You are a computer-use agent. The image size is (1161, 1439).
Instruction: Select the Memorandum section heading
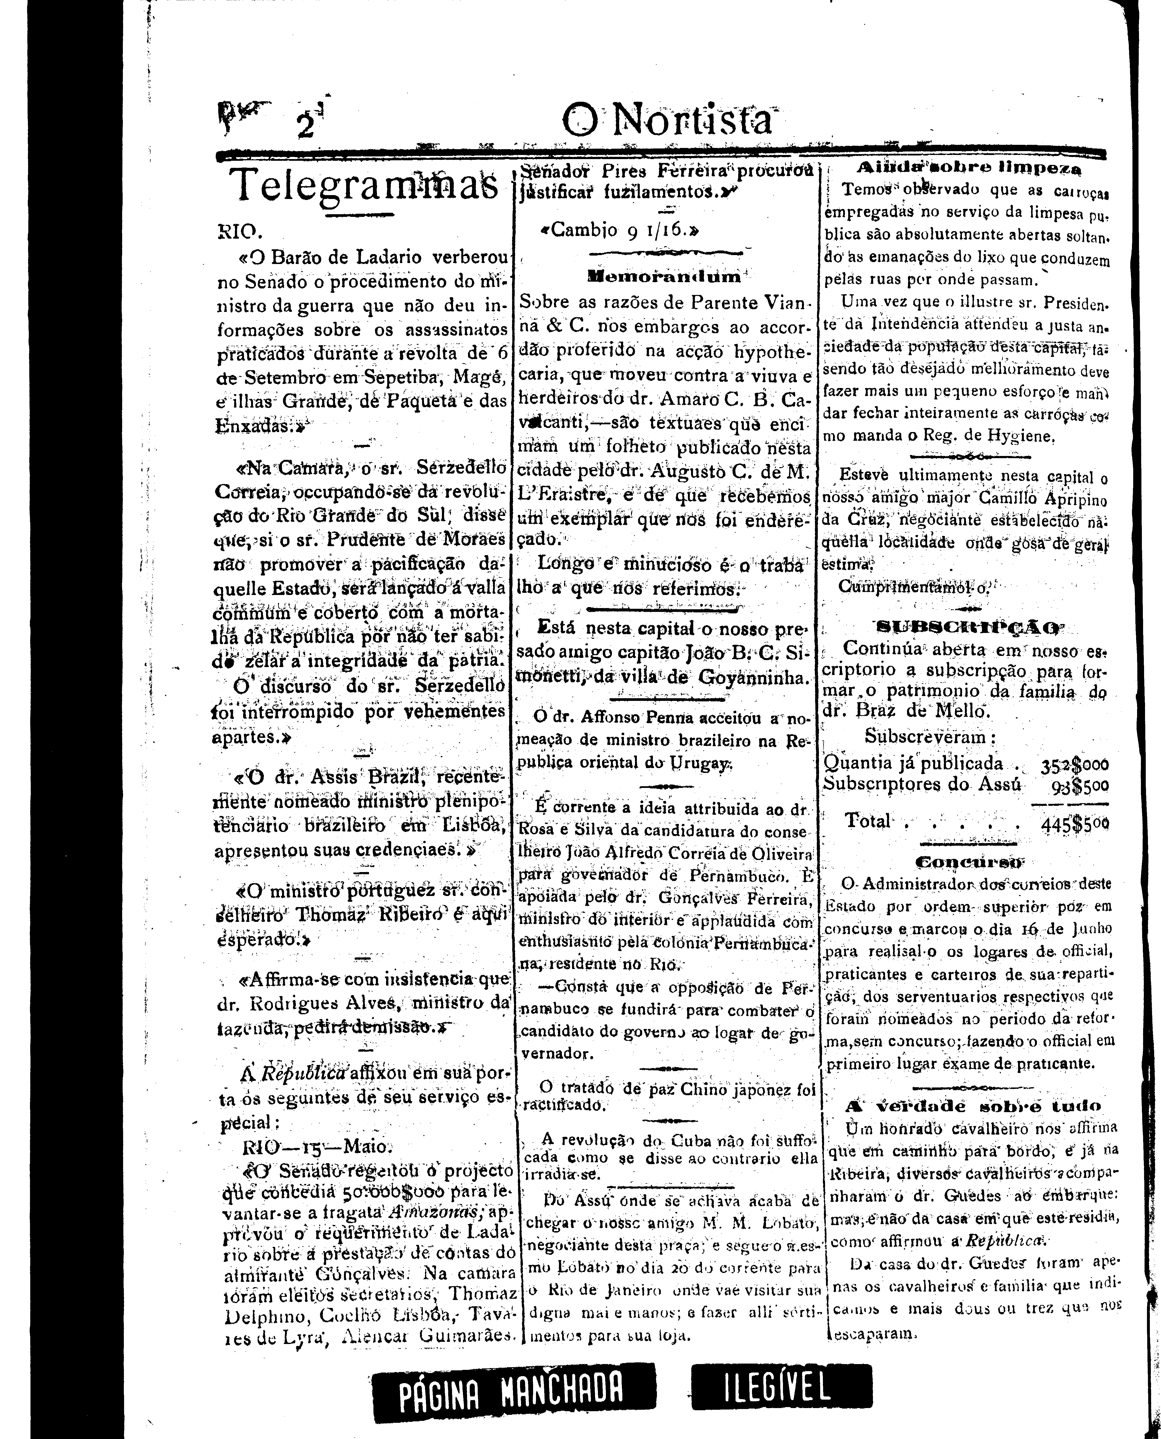tap(665, 275)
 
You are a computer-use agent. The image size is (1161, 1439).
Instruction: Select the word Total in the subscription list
tap(867, 821)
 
